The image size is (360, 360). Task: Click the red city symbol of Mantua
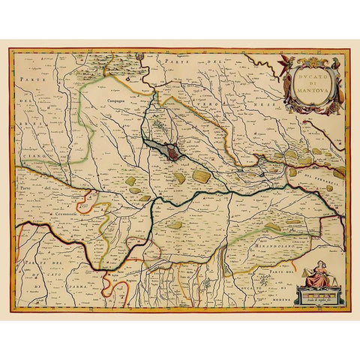tap(173, 154)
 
